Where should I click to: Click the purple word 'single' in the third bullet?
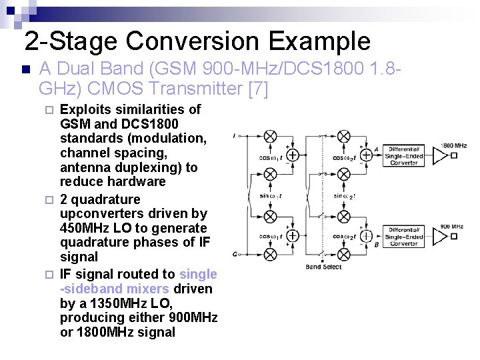199,274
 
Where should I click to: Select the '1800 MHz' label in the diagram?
453,145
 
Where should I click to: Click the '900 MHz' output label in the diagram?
451,227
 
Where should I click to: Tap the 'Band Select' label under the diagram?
324,267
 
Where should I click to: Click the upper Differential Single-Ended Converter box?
404,155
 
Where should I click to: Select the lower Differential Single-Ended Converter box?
404,236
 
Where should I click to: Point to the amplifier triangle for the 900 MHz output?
440,236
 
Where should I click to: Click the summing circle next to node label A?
366,155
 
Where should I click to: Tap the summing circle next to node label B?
366,236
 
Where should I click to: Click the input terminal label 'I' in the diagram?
235,136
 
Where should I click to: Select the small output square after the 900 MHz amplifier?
454,236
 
